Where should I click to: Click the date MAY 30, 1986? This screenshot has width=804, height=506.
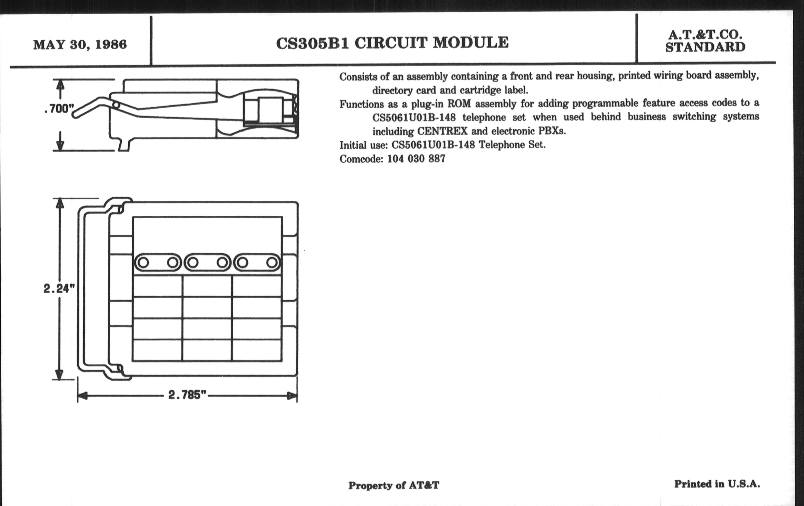[80, 44]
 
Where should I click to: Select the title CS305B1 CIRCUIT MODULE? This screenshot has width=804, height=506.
[392, 43]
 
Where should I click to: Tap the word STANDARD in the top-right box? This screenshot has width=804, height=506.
[705, 47]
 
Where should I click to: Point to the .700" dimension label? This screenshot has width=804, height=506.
[59, 108]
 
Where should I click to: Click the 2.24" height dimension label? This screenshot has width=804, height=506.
[59, 288]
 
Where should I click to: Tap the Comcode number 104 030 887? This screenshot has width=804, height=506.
[416, 159]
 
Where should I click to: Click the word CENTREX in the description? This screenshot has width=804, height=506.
[442, 131]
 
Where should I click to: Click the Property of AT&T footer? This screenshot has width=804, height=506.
[394, 485]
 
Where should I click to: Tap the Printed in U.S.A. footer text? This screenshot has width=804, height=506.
[717, 484]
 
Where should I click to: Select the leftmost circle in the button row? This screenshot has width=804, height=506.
[143, 263]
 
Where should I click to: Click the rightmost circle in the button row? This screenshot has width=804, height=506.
[272, 263]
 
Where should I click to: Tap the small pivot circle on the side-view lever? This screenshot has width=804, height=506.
[116, 105]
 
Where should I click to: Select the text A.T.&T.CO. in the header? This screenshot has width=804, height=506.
[705, 35]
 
